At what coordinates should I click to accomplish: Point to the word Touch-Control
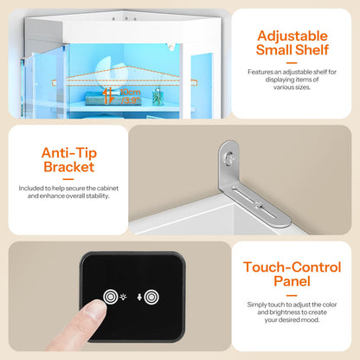click(x=292, y=267)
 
